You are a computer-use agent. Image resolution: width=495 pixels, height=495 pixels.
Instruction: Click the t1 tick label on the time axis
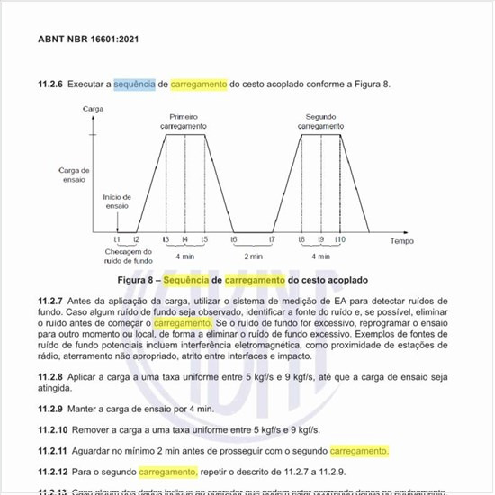coord(117,240)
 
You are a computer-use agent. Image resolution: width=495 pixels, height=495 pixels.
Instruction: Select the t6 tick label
coord(233,240)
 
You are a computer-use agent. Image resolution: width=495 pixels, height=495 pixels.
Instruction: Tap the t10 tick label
coord(339,240)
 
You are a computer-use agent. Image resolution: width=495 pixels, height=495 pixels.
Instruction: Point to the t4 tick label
coord(184,240)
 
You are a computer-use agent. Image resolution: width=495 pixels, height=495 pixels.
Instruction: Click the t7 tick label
coord(272,240)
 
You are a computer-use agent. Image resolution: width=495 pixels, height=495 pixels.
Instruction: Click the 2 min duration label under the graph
coord(252,255)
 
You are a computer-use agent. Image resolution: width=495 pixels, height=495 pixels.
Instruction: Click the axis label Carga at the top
coord(93,108)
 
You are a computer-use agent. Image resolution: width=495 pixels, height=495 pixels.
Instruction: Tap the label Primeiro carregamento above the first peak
coord(184,122)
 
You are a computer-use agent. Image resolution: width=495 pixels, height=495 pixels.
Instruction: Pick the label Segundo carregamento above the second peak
coord(320,122)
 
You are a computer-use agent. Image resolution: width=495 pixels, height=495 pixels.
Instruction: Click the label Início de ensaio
coord(117,201)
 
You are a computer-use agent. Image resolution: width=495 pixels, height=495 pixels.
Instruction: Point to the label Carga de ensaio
coord(74,174)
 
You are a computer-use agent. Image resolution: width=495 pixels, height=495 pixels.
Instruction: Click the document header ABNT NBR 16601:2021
coord(88,40)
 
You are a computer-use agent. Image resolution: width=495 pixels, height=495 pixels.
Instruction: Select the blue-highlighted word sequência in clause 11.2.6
coord(133,85)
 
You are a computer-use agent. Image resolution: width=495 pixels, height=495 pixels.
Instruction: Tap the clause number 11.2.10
coord(54,430)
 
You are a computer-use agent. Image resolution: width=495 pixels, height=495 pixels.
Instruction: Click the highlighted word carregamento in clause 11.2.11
coord(359,450)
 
